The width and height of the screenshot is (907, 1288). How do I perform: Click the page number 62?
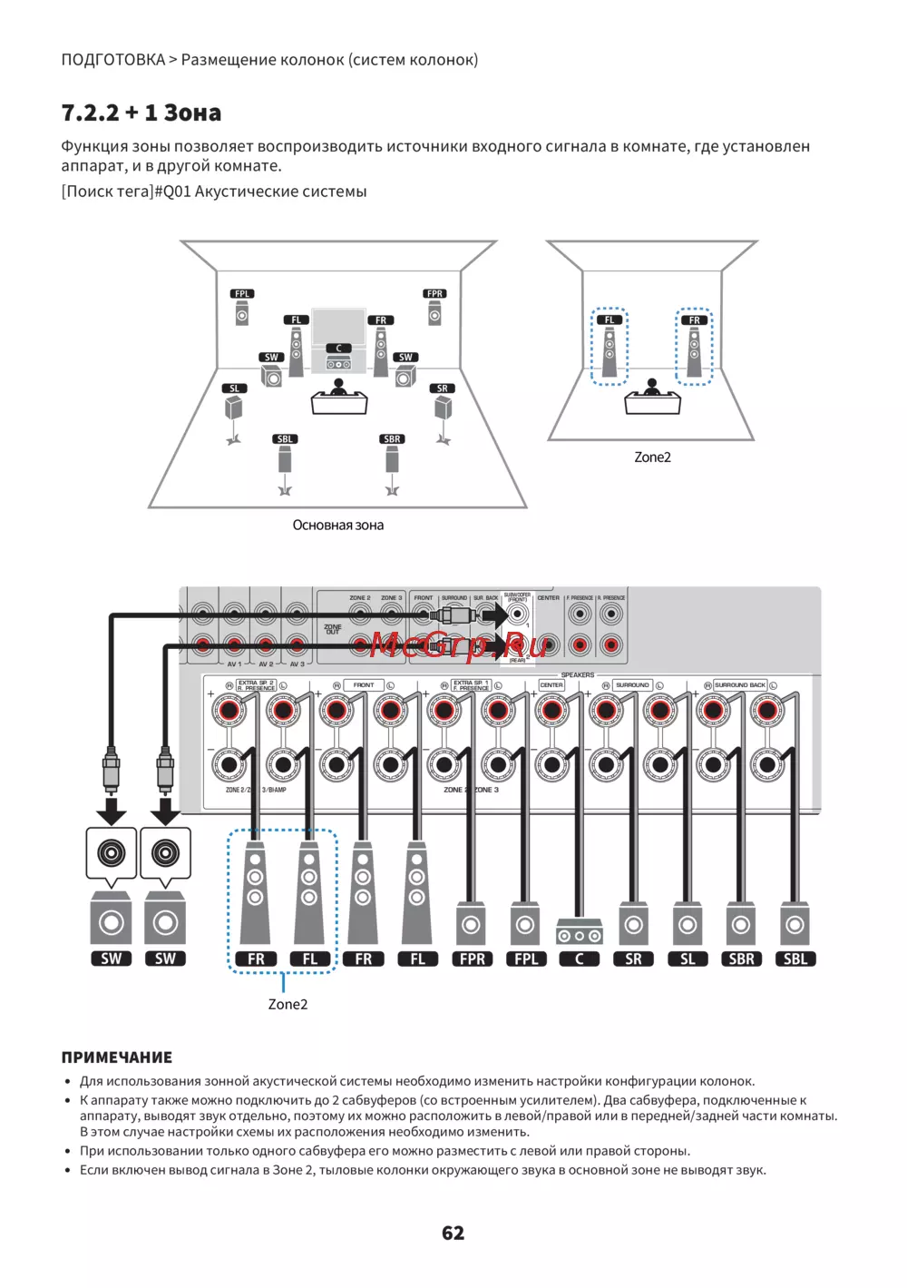(x=453, y=1233)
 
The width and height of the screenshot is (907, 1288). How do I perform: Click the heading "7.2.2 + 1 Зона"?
(x=141, y=113)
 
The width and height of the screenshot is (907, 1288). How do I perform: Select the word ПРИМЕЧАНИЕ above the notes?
(x=116, y=1057)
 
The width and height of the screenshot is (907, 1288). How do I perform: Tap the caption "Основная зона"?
(x=337, y=525)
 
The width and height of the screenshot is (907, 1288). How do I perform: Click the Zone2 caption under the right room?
(x=652, y=457)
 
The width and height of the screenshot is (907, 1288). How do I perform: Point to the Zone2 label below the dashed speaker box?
(x=288, y=1004)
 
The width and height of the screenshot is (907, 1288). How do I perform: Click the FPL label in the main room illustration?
(x=242, y=294)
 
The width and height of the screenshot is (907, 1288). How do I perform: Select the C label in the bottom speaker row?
(x=580, y=959)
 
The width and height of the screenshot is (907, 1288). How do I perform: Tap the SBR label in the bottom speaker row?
(x=741, y=959)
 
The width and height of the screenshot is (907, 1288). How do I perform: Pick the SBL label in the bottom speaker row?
(x=795, y=959)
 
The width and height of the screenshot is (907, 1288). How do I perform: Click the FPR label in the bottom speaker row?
(x=472, y=959)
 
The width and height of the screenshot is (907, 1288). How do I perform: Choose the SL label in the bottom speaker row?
(x=688, y=959)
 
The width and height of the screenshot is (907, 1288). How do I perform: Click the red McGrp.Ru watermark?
(x=458, y=644)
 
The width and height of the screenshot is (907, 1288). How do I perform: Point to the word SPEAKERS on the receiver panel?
(x=578, y=675)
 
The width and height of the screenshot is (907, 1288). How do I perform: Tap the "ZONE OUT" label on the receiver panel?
(x=333, y=628)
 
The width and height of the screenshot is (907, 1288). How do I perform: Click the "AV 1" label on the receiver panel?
(x=234, y=664)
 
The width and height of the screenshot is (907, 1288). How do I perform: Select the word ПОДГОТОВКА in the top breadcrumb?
(x=112, y=60)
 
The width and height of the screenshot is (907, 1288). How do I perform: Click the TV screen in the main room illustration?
(x=338, y=324)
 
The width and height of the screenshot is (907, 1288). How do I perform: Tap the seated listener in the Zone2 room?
(x=652, y=388)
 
